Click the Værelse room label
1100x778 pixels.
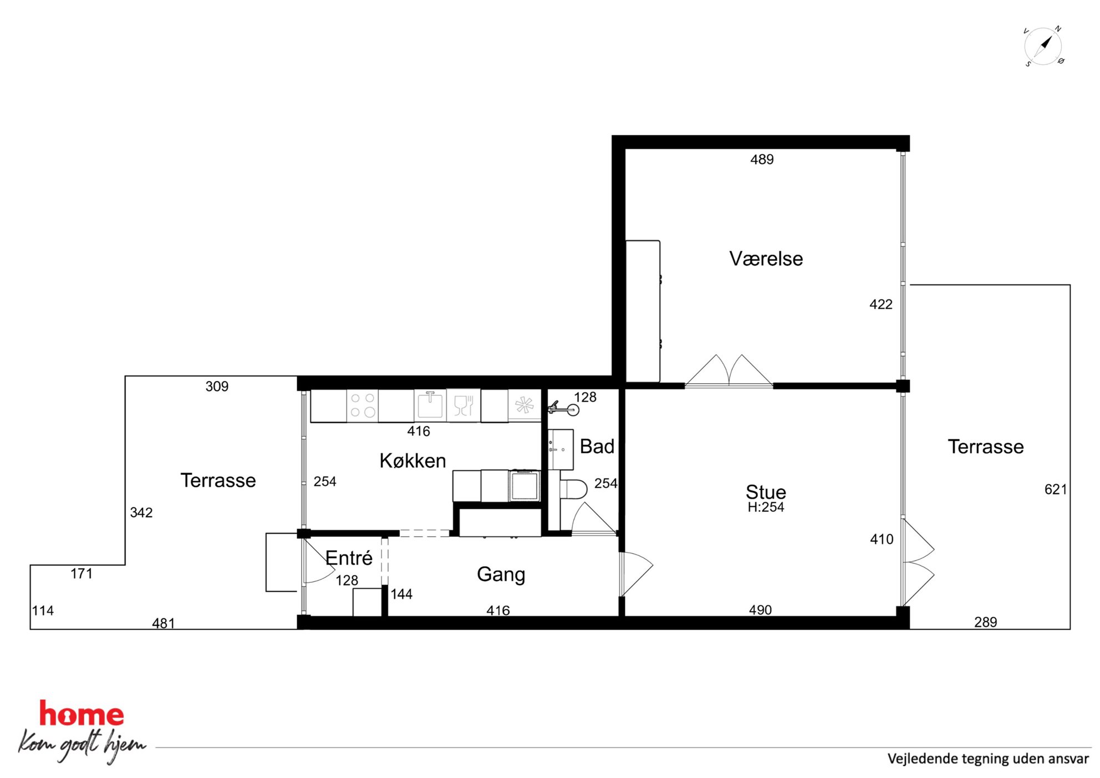766,259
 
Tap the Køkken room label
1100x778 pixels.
412,461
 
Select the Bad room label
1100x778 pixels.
597,446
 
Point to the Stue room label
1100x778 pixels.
766,492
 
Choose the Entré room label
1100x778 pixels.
349,557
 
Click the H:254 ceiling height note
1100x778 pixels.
766,507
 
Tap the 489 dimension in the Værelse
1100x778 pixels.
762,160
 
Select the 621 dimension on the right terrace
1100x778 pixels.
1055,489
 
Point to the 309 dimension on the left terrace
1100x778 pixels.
217,387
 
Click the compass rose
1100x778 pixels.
1043,46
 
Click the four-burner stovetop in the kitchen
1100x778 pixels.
363,405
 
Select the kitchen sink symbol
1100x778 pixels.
430,405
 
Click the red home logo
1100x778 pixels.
82,714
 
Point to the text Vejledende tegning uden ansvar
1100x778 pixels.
988,759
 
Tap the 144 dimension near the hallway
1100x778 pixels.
401,594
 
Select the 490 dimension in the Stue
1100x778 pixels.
760,610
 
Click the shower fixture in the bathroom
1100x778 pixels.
563,409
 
